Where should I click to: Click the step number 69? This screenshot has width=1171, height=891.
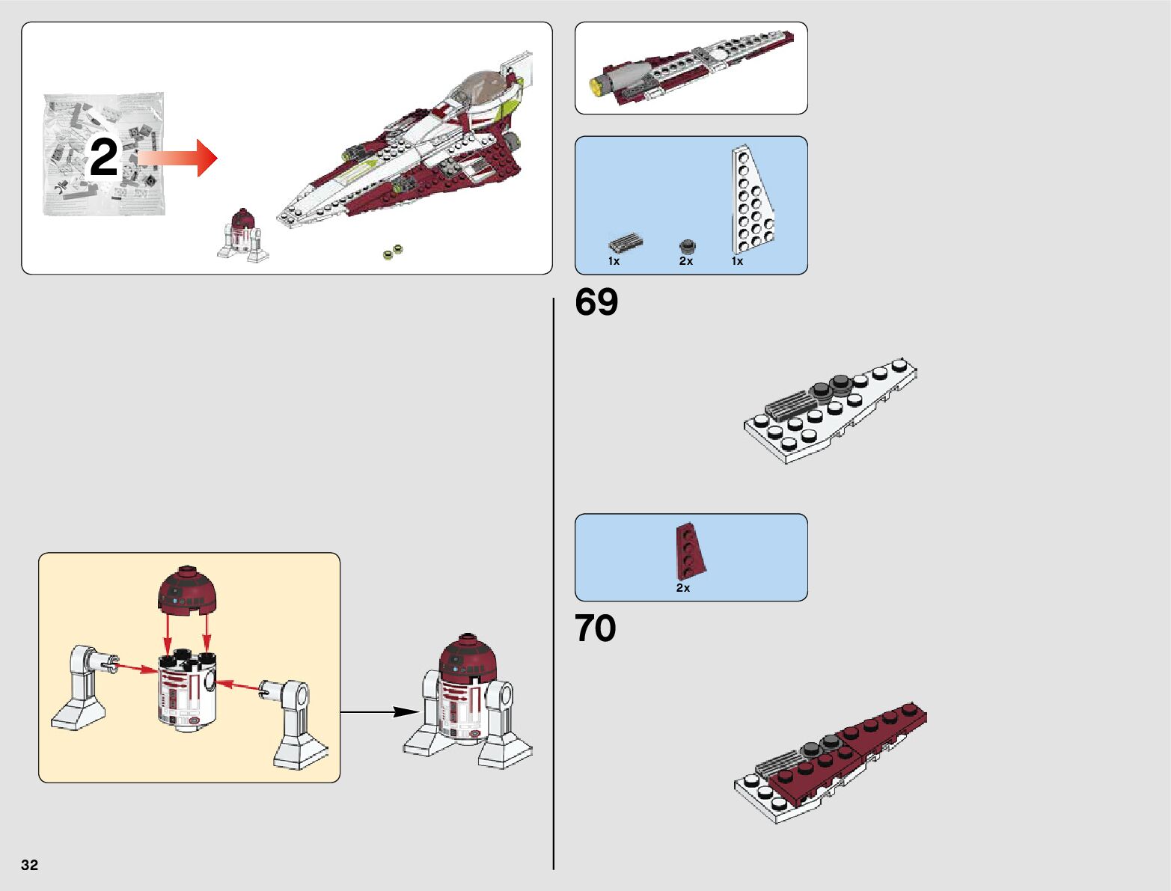coord(596,302)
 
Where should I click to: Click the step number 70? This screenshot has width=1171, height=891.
coord(595,628)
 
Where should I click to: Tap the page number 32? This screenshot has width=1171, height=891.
coord(29,865)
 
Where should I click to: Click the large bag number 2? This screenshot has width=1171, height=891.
coord(104,158)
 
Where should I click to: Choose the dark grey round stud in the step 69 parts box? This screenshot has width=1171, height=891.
coord(687,245)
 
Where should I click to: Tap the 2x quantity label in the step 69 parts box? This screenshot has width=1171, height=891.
coord(686,261)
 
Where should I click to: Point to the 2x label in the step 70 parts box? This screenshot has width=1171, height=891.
coord(683,588)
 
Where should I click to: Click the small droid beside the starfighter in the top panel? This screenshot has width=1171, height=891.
coord(242,235)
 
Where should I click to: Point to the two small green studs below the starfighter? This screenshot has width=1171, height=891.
coord(393,252)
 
